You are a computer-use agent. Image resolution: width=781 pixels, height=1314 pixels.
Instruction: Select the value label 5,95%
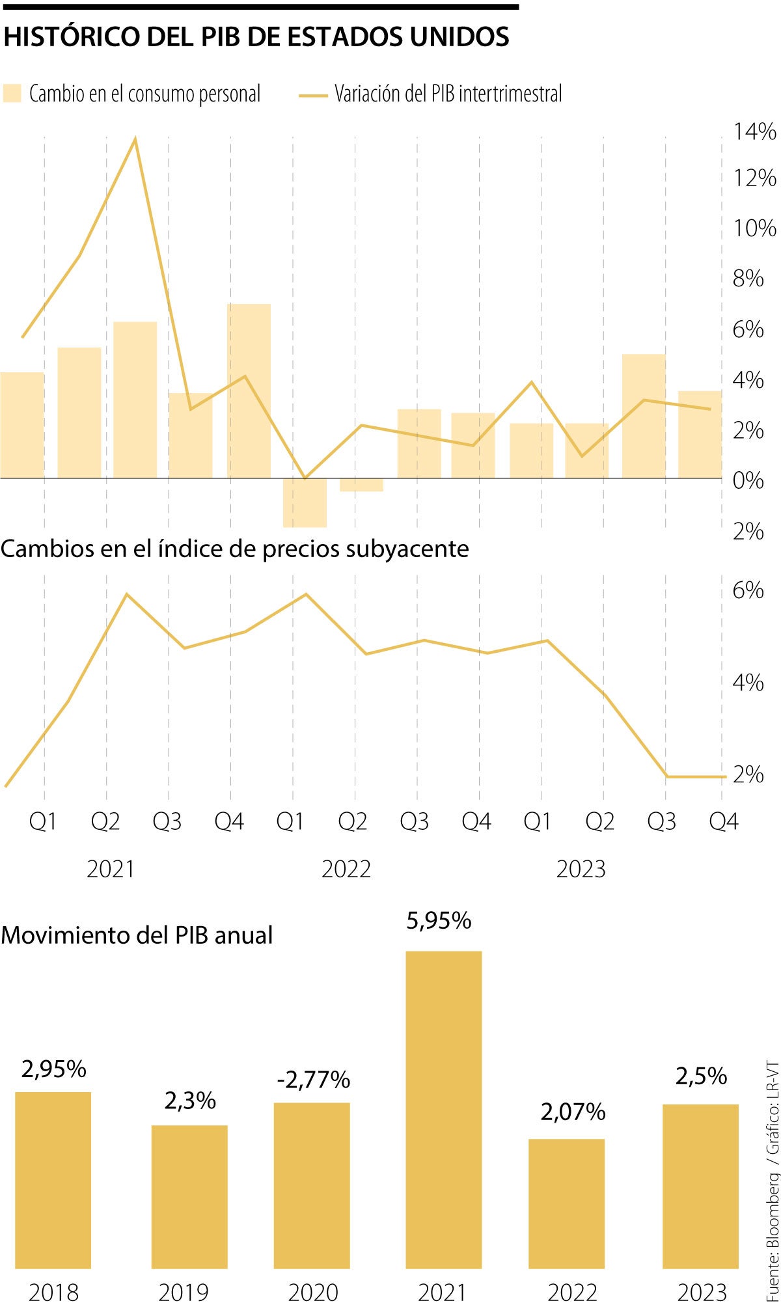click(x=439, y=920)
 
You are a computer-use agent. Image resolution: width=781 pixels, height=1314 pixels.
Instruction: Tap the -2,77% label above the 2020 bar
click(x=313, y=1079)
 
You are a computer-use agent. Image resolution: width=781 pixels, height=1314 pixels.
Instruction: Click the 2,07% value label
click(x=573, y=1112)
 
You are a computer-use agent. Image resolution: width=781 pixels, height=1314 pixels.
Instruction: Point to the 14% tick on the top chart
click(x=754, y=132)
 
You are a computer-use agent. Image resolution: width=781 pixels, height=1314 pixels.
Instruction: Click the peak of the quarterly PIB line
click(x=135, y=139)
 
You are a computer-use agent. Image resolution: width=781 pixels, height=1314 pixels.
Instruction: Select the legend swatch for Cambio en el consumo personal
click(x=12, y=93)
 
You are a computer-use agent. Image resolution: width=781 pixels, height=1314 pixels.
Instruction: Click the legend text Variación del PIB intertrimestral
click(x=448, y=94)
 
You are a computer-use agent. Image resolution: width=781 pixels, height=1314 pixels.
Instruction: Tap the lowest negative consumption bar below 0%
click(x=305, y=502)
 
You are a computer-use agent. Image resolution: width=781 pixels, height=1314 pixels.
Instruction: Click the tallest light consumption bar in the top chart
click(x=249, y=390)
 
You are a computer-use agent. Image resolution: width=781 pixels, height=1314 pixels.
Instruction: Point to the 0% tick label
click(x=748, y=481)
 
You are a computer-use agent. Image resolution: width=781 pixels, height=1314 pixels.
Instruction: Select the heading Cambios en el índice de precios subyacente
click(x=234, y=549)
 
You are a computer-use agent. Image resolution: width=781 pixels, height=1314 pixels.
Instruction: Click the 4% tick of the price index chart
click(x=748, y=683)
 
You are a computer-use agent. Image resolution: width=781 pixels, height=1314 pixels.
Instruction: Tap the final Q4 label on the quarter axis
click(x=723, y=821)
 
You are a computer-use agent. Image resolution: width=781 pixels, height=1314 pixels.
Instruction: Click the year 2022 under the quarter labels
click(x=346, y=869)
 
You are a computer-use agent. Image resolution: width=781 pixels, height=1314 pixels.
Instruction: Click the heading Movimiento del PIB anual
click(x=137, y=935)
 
